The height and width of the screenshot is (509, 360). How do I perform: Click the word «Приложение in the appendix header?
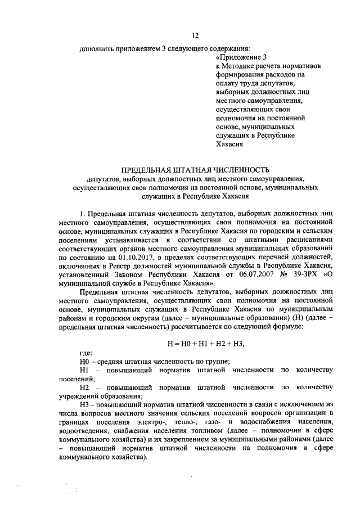[x=237, y=57]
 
